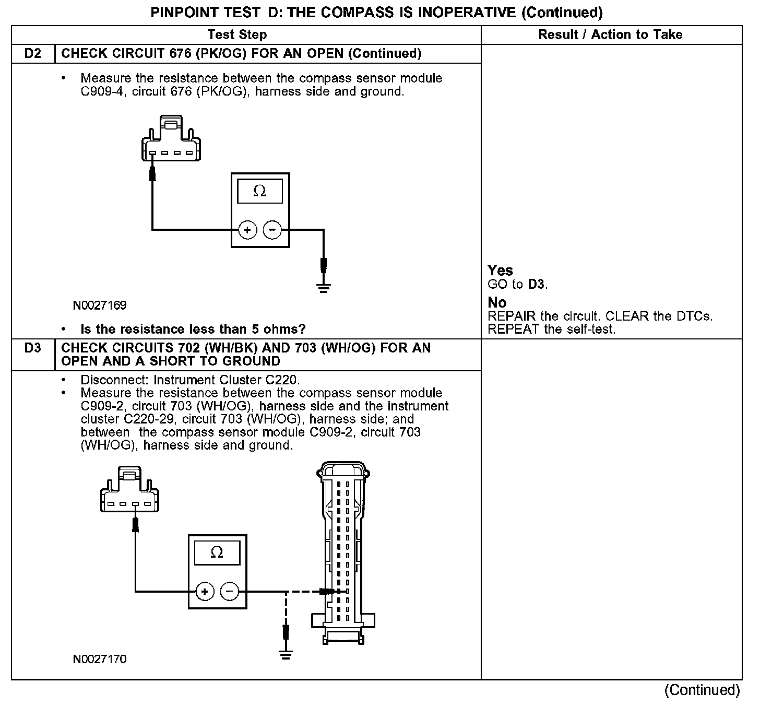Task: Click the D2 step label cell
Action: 33,54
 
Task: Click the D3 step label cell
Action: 33,348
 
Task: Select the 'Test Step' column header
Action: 237,35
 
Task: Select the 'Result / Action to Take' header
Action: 610,35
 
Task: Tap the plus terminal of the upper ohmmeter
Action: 247,230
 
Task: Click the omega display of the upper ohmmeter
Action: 259,192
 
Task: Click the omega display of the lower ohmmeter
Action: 217,552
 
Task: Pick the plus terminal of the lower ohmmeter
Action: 205,592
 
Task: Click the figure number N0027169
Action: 100,305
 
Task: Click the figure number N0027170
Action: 100,660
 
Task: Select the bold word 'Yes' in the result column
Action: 500,270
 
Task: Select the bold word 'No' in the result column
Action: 497,303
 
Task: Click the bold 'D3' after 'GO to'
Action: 536,285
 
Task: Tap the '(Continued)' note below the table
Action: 702,690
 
